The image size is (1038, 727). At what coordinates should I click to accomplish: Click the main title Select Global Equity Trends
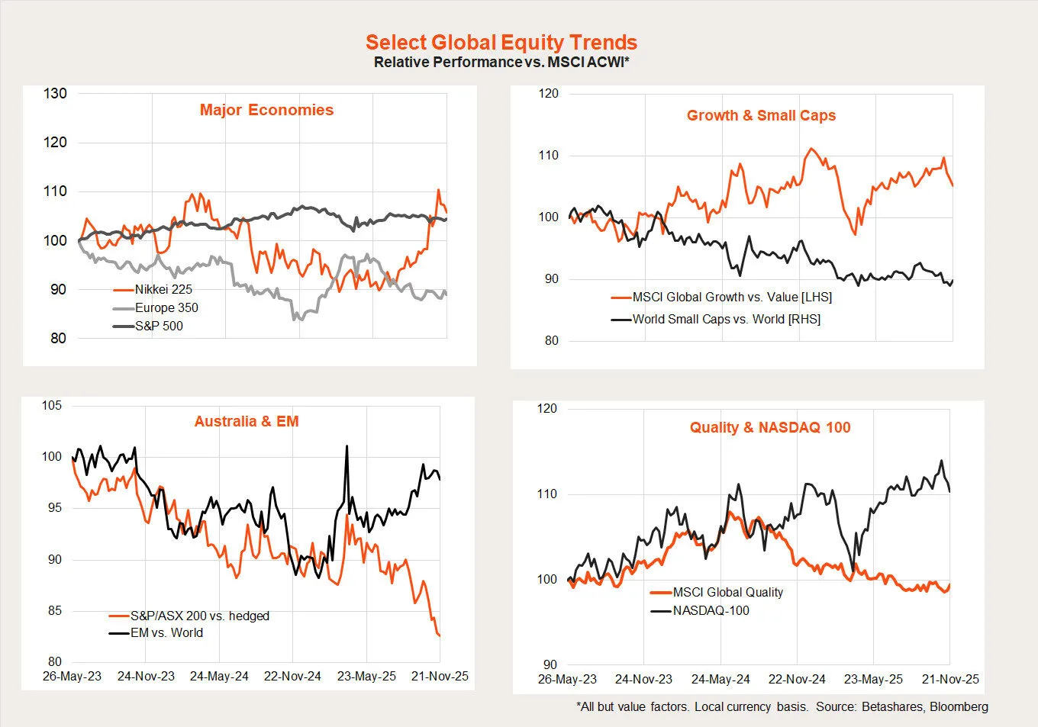point(501,43)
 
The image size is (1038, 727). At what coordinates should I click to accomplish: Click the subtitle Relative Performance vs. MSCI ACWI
point(501,63)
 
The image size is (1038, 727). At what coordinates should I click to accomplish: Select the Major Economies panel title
point(266,110)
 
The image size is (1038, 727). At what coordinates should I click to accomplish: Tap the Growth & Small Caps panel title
point(761,116)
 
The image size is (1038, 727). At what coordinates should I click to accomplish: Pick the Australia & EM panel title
point(247,422)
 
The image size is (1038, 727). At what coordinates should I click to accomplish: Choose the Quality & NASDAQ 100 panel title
point(770,428)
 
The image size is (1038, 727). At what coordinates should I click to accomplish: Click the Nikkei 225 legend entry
point(163,290)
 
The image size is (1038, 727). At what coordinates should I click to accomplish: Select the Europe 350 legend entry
point(166,308)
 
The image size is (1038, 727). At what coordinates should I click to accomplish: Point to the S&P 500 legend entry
point(159,327)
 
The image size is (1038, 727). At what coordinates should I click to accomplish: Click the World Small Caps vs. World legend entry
point(726,320)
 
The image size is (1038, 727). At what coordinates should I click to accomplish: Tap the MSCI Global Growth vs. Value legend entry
point(732,298)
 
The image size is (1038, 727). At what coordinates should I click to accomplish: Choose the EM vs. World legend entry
point(166,633)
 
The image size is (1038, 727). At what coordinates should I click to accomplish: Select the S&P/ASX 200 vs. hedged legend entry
point(199,616)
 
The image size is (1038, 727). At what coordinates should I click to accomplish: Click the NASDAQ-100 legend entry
point(711,611)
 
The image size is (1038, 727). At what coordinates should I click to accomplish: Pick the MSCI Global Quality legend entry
point(727,593)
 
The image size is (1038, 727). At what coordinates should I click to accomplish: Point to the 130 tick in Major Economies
point(55,94)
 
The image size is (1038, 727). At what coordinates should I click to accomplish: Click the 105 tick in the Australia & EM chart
point(52,406)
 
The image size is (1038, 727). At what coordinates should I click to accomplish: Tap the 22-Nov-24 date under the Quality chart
point(797,680)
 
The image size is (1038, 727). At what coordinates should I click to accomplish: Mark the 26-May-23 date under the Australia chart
point(72,677)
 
